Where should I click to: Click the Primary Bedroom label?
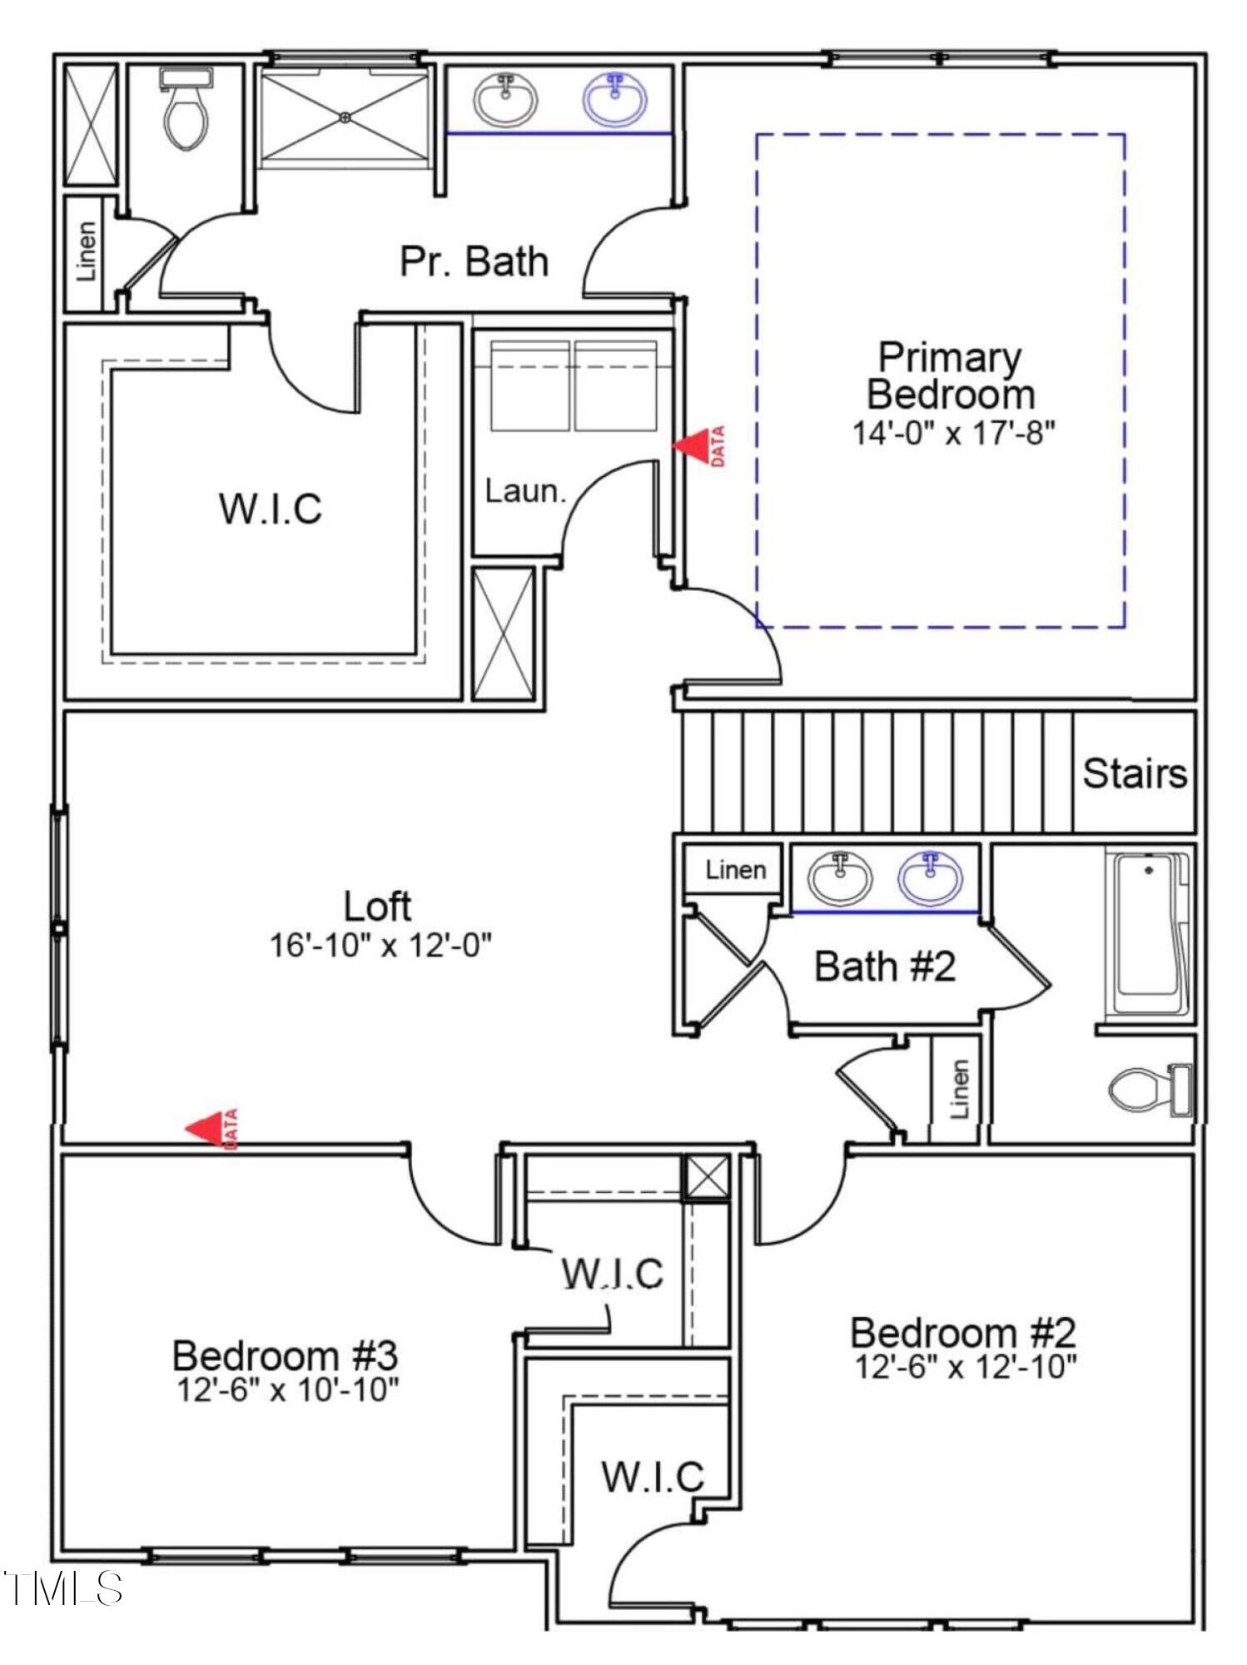click(x=950, y=375)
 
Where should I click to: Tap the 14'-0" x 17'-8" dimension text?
click(x=953, y=433)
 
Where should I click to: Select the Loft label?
click(x=377, y=907)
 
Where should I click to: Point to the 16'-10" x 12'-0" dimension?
click(x=380, y=946)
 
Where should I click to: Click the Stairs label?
click(x=1135, y=773)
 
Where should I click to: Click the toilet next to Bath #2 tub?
click(x=1150, y=1090)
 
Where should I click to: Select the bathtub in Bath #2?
click(x=1149, y=932)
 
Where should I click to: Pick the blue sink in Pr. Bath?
click(x=615, y=101)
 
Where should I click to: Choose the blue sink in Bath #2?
click(x=930, y=877)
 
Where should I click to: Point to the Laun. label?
click(x=525, y=491)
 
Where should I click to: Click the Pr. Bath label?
click(x=474, y=261)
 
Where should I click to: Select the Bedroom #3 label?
click(x=285, y=1356)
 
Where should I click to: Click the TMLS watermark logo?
click(x=63, y=1588)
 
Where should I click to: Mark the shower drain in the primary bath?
click(x=345, y=117)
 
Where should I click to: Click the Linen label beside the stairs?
click(x=735, y=870)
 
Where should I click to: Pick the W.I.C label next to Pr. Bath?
click(x=270, y=509)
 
